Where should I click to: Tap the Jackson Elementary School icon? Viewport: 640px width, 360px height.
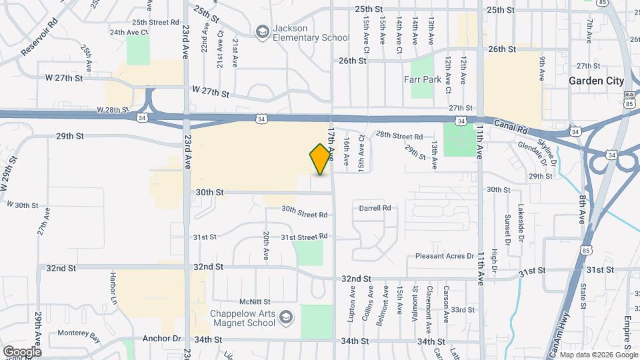[263, 31]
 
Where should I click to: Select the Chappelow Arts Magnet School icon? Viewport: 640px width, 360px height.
[287, 315]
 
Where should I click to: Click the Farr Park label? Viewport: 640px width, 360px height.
[420, 79]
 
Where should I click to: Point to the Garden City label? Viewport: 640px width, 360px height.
[596, 81]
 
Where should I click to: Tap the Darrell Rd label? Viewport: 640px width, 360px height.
[375, 208]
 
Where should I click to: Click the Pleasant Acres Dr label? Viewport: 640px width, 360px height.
[443, 255]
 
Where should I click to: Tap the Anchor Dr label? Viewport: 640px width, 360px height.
[162, 339]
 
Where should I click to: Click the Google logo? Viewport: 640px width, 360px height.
[22, 351]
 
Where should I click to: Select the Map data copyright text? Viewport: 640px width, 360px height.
[597, 355]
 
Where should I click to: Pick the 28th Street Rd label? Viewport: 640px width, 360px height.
[400, 137]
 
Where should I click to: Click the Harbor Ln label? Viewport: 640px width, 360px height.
[114, 285]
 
